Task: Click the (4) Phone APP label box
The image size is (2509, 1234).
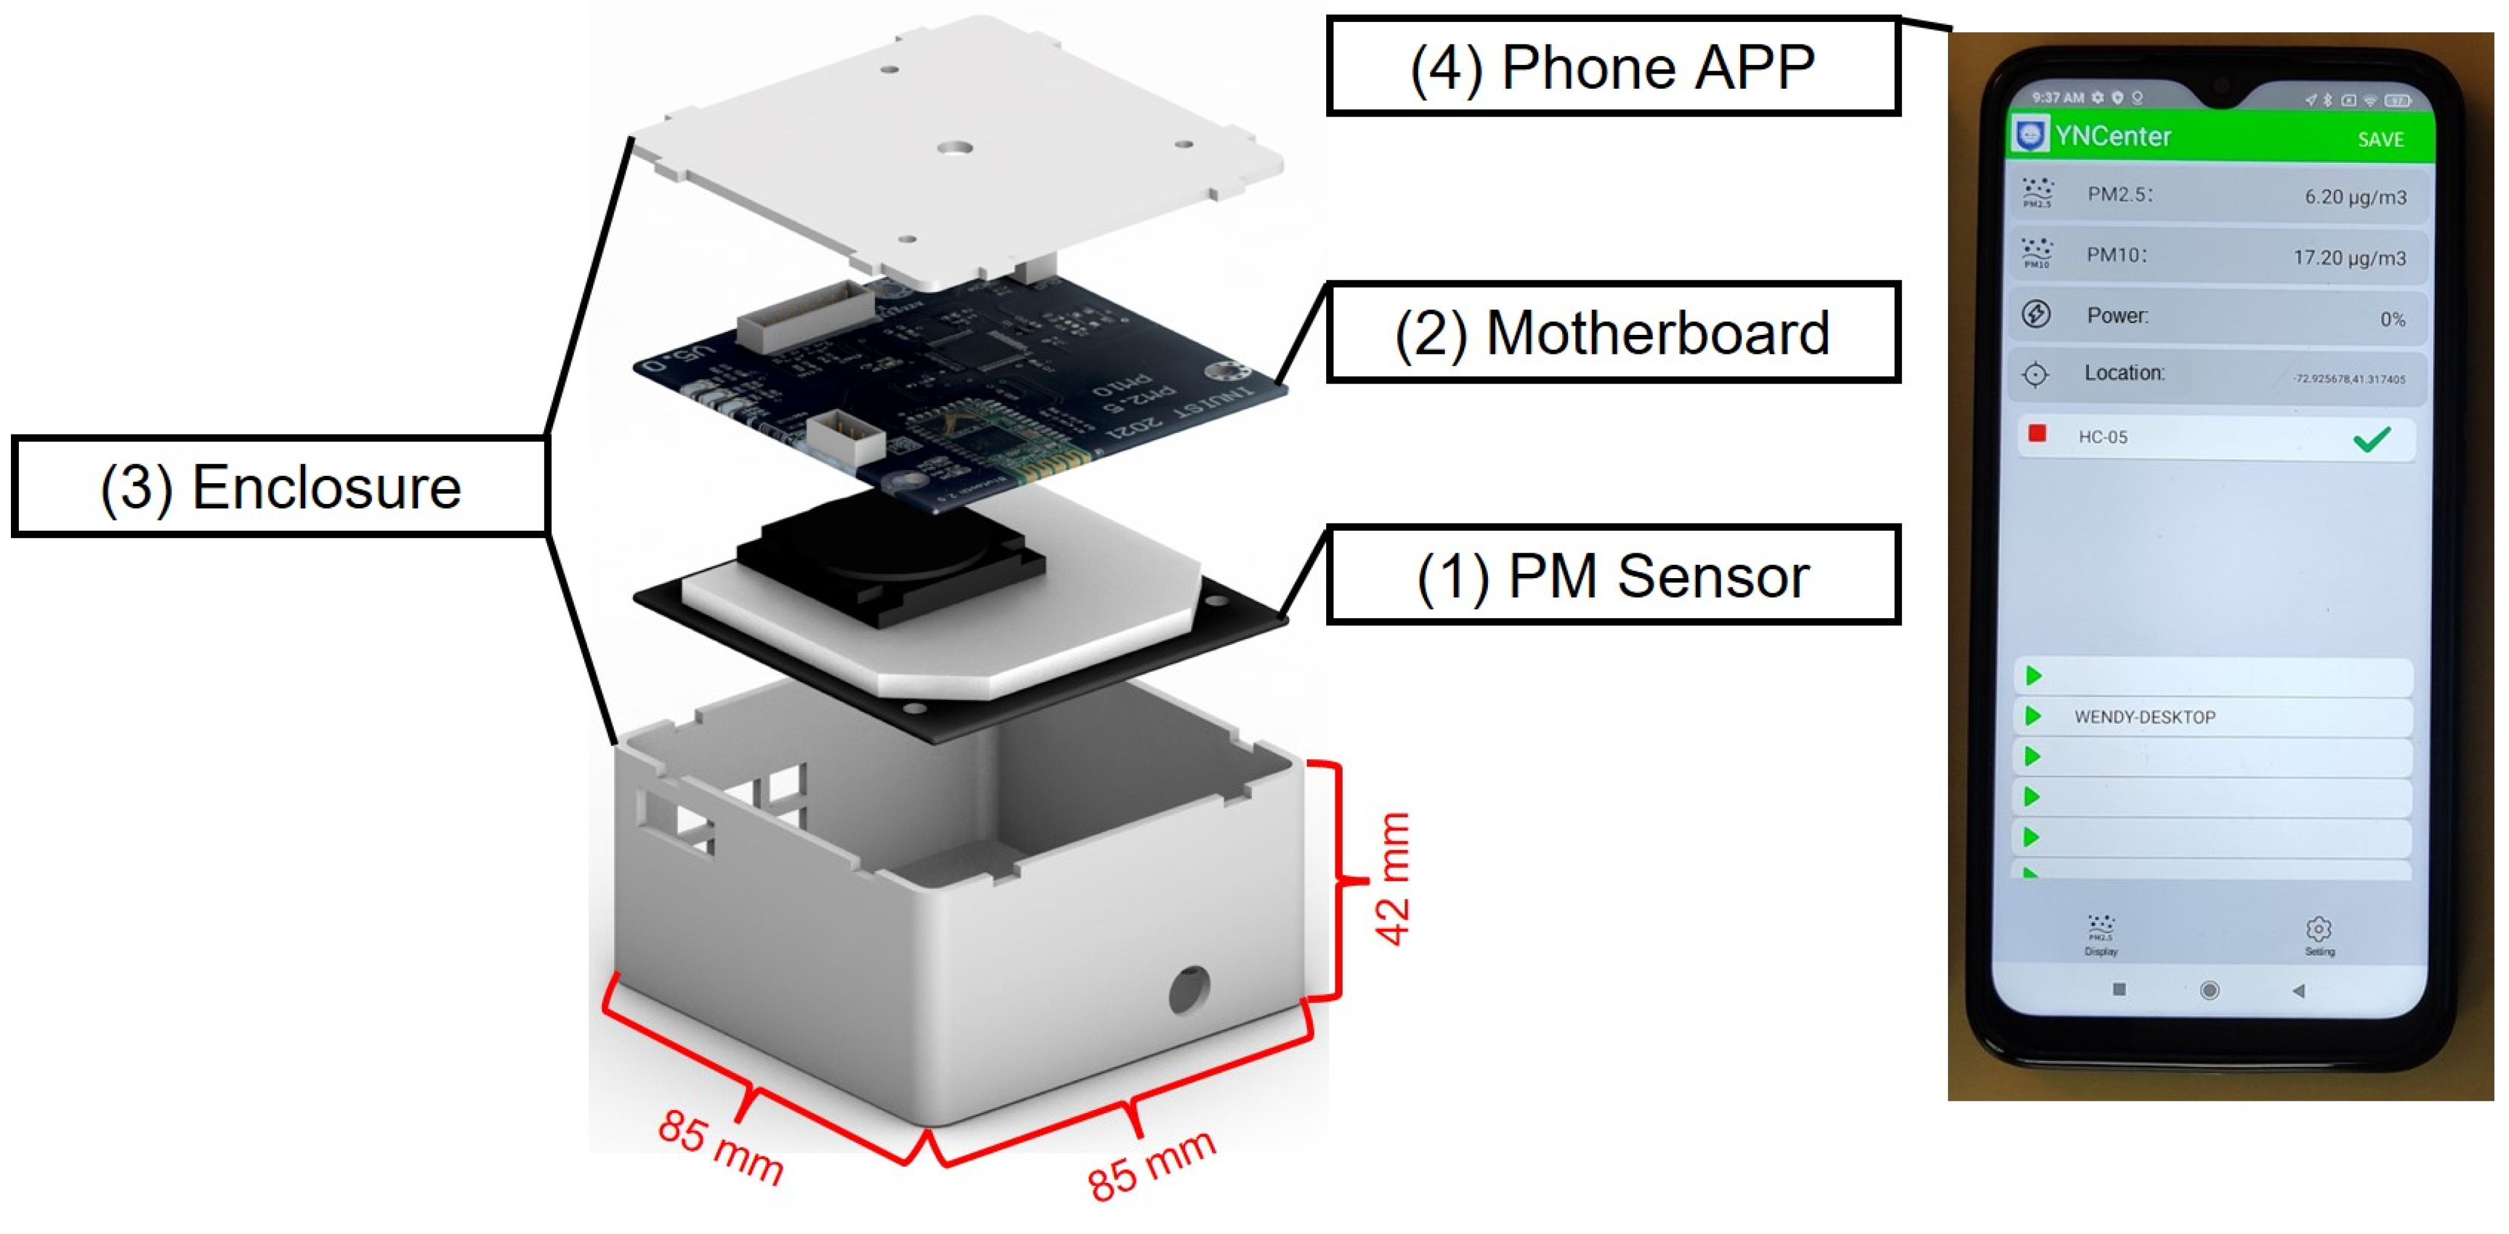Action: (x=1613, y=66)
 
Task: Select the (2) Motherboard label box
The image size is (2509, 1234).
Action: (x=1613, y=332)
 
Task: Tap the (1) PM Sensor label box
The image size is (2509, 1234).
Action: (x=1613, y=576)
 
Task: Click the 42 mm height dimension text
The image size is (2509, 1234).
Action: (x=1393, y=878)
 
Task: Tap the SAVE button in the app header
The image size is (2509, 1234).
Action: (x=2380, y=139)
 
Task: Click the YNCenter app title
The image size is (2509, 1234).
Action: (x=2113, y=136)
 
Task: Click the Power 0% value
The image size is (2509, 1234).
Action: (x=2392, y=320)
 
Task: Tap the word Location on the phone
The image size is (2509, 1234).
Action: (x=2124, y=373)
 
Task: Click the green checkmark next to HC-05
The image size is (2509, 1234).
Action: (x=2372, y=439)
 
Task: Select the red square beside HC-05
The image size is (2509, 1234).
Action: (x=2037, y=433)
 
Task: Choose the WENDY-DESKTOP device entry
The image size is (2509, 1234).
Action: (x=2145, y=717)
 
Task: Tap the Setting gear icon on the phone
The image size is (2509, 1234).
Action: (x=2319, y=929)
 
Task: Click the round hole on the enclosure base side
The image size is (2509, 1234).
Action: (x=1188, y=990)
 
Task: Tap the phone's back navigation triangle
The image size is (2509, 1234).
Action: (x=2299, y=990)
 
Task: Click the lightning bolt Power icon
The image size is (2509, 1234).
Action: (x=2036, y=314)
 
